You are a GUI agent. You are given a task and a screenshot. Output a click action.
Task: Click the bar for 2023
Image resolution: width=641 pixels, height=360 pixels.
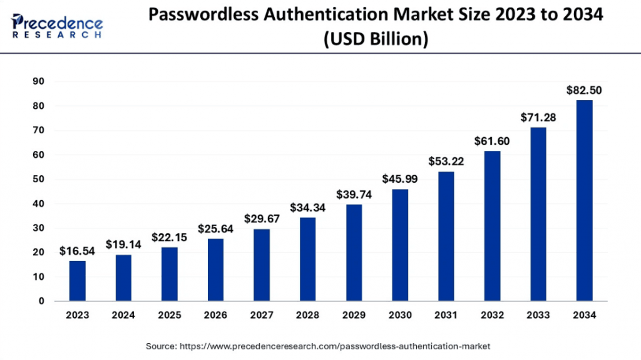coord(77,280)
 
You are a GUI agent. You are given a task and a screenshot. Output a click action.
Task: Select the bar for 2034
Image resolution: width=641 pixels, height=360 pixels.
coord(584,200)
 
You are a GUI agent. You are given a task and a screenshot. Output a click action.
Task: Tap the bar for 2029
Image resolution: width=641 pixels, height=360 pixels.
coord(354,252)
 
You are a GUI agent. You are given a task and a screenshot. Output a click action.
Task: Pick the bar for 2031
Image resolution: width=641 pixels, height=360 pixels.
coord(446,236)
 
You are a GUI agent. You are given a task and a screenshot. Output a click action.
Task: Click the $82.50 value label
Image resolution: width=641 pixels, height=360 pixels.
coord(584,90)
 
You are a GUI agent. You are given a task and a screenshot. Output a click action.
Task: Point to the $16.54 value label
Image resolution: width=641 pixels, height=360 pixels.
coord(77,251)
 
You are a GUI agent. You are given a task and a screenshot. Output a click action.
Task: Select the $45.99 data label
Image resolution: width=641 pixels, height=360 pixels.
coord(400,179)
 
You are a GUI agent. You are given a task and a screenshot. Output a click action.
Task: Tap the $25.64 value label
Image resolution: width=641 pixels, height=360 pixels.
coord(215,229)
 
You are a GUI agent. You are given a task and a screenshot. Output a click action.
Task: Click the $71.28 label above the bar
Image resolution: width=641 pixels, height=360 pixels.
coord(538,118)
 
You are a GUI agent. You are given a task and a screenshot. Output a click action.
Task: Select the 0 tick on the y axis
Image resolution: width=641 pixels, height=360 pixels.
coord(41,301)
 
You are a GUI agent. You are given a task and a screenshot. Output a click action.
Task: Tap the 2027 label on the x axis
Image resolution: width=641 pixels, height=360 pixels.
coord(262,316)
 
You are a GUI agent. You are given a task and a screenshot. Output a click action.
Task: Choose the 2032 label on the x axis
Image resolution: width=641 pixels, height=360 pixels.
coord(492,316)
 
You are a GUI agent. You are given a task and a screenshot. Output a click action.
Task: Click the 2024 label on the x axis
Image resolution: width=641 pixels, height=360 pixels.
coord(123,316)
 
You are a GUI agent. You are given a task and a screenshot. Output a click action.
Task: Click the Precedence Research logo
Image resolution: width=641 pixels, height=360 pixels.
coord(57,26)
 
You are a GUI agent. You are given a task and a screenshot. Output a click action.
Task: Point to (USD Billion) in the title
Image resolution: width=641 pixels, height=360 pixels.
coord(376,39)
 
